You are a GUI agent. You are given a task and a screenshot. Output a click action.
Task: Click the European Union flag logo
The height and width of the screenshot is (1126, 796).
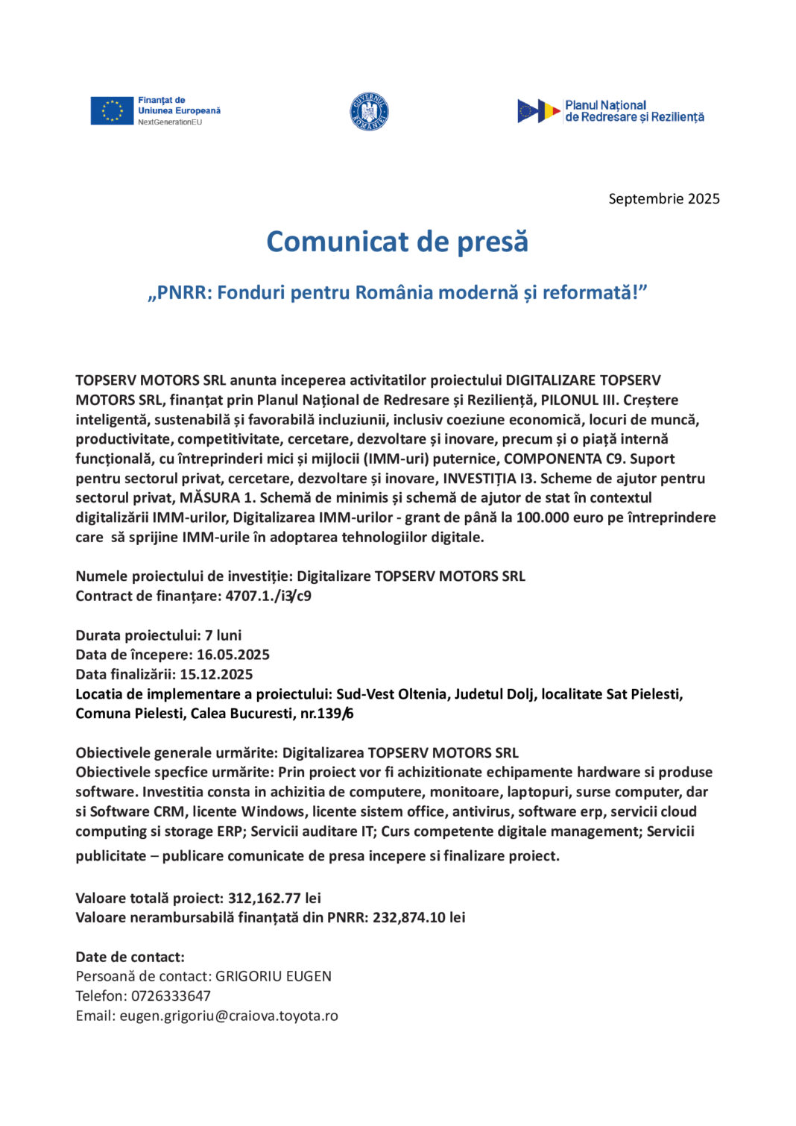[x=112, y=110]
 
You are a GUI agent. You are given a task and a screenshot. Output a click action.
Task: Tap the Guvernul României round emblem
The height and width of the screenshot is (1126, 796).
[x=369, y=111]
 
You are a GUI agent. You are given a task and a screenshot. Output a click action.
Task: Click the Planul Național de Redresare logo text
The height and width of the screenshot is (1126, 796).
[x=634, y=111]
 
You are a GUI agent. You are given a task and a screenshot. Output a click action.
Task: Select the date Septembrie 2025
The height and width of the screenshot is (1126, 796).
[x=664, y=198]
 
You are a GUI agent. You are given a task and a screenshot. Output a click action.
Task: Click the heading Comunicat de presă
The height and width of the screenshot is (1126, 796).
[x=397, y=242]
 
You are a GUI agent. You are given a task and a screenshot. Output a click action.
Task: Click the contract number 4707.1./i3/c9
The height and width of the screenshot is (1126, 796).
[x=268, y=596]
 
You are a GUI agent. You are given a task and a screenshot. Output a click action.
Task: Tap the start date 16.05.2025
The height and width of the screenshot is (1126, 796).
[x=233, y=655]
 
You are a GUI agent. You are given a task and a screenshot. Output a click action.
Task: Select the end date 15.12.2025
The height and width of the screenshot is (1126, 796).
[x=216, y=674]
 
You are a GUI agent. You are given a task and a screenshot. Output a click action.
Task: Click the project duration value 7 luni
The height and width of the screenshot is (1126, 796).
[x=224, y=635]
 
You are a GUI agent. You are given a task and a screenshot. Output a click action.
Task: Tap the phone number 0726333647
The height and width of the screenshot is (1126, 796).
[x=171, y=996]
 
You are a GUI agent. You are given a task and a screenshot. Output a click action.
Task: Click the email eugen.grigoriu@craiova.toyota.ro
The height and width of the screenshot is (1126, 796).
[x=229, y=1016]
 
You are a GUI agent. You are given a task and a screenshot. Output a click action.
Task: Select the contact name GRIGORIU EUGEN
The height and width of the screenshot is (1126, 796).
[x=274, y=976]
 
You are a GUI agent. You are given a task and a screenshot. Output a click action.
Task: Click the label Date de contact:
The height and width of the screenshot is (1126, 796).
[x=130, y=957]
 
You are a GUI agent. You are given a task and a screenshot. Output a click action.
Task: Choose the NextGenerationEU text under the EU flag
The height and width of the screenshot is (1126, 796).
[x=170, y=122]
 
